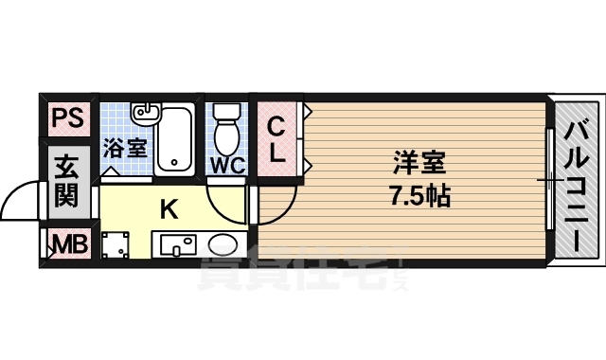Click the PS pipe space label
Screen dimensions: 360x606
coord(66,118)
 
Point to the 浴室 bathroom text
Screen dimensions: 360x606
coord(126,148)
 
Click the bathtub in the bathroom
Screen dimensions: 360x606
coord(175,138)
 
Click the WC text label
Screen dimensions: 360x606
coord(227,164)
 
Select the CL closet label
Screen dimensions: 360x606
coord(276,138)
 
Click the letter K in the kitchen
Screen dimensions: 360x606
coord(169,209)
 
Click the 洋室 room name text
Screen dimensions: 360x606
coord(418,162)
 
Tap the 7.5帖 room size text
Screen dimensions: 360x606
coord(418,197)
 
